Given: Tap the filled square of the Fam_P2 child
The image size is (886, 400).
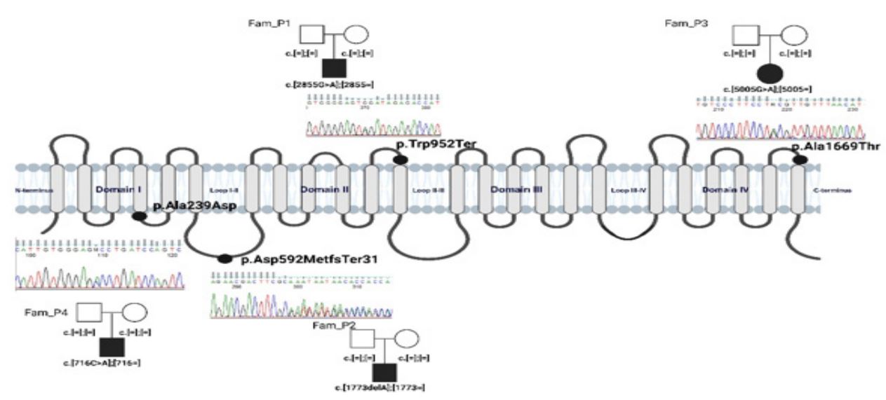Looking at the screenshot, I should point(384,374).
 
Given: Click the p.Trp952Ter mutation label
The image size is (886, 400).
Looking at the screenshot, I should point(436,144).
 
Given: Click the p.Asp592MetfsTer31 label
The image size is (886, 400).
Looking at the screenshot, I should point(309,259).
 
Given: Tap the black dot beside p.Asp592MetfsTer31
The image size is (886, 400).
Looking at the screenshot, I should point(224,259).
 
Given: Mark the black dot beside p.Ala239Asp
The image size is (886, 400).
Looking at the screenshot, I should point(139,216).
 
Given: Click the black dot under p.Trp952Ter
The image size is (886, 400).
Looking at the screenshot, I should point(400,160).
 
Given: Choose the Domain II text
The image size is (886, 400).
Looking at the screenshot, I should point(320,190).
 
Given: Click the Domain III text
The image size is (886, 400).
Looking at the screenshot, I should point(516,190).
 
